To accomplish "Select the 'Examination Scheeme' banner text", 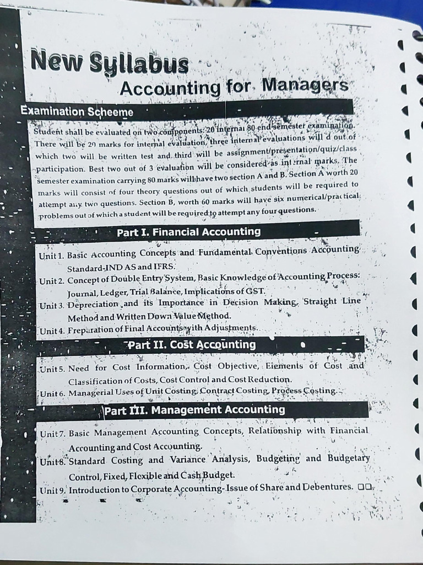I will (x=77, y=111).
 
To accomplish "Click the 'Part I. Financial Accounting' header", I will (x=188, y=232).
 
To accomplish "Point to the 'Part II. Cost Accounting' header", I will (x=191, y=345).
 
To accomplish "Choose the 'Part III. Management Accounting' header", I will (x=194, y=410).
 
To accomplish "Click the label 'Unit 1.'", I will (x=52, y=255).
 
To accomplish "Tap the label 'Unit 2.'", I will (x=52, y=281).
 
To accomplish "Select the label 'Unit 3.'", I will (x=52, y=305).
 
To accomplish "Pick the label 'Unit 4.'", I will (x=52, y=331).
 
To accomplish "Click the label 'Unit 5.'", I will (x=53, y=368).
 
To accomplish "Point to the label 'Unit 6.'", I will (x=53, y=393).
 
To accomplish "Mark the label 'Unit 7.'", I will (x=53, y=434).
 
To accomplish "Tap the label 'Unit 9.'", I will (x=53, y=490).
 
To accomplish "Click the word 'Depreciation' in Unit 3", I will (x=93, y=305).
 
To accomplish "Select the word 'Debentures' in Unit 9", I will (x=328, y=487).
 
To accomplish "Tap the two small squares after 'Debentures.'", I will (x=365, y=487).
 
